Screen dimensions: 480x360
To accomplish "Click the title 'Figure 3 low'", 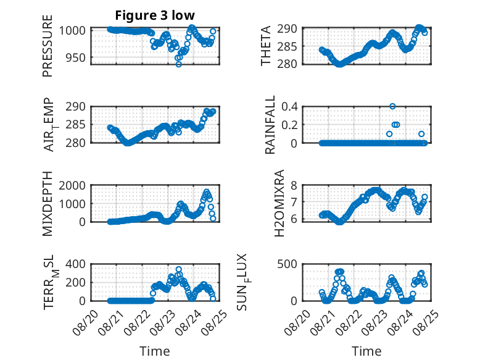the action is (155, 15).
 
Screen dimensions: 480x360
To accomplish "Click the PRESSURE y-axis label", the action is (48, 46).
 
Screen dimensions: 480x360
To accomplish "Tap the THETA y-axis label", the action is (266, 46).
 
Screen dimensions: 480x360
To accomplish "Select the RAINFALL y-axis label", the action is (270, 125).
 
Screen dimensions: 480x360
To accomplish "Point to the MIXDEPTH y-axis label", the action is (48, 204).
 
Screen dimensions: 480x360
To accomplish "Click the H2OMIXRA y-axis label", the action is (279, 203).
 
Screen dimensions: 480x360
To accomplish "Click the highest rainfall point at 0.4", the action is (392, 106).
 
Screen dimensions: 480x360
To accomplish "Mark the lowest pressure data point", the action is (179, 64).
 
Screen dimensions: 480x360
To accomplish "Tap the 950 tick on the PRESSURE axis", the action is (76, 57).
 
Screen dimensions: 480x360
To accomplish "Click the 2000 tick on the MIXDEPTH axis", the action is (72, 185).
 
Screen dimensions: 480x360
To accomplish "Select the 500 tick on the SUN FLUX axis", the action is (287, 264).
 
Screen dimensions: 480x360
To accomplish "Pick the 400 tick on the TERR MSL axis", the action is (76, 264).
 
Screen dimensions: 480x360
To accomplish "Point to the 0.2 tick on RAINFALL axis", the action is (289, 125).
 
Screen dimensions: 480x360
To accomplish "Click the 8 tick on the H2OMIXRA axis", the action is (294, 185).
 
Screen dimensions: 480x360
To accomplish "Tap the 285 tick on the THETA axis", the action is (287, 46).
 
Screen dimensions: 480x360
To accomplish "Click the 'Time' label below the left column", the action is (155, 351).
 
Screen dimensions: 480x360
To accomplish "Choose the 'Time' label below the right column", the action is (366, 351).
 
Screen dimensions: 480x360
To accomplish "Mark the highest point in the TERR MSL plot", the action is (179, 270).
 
